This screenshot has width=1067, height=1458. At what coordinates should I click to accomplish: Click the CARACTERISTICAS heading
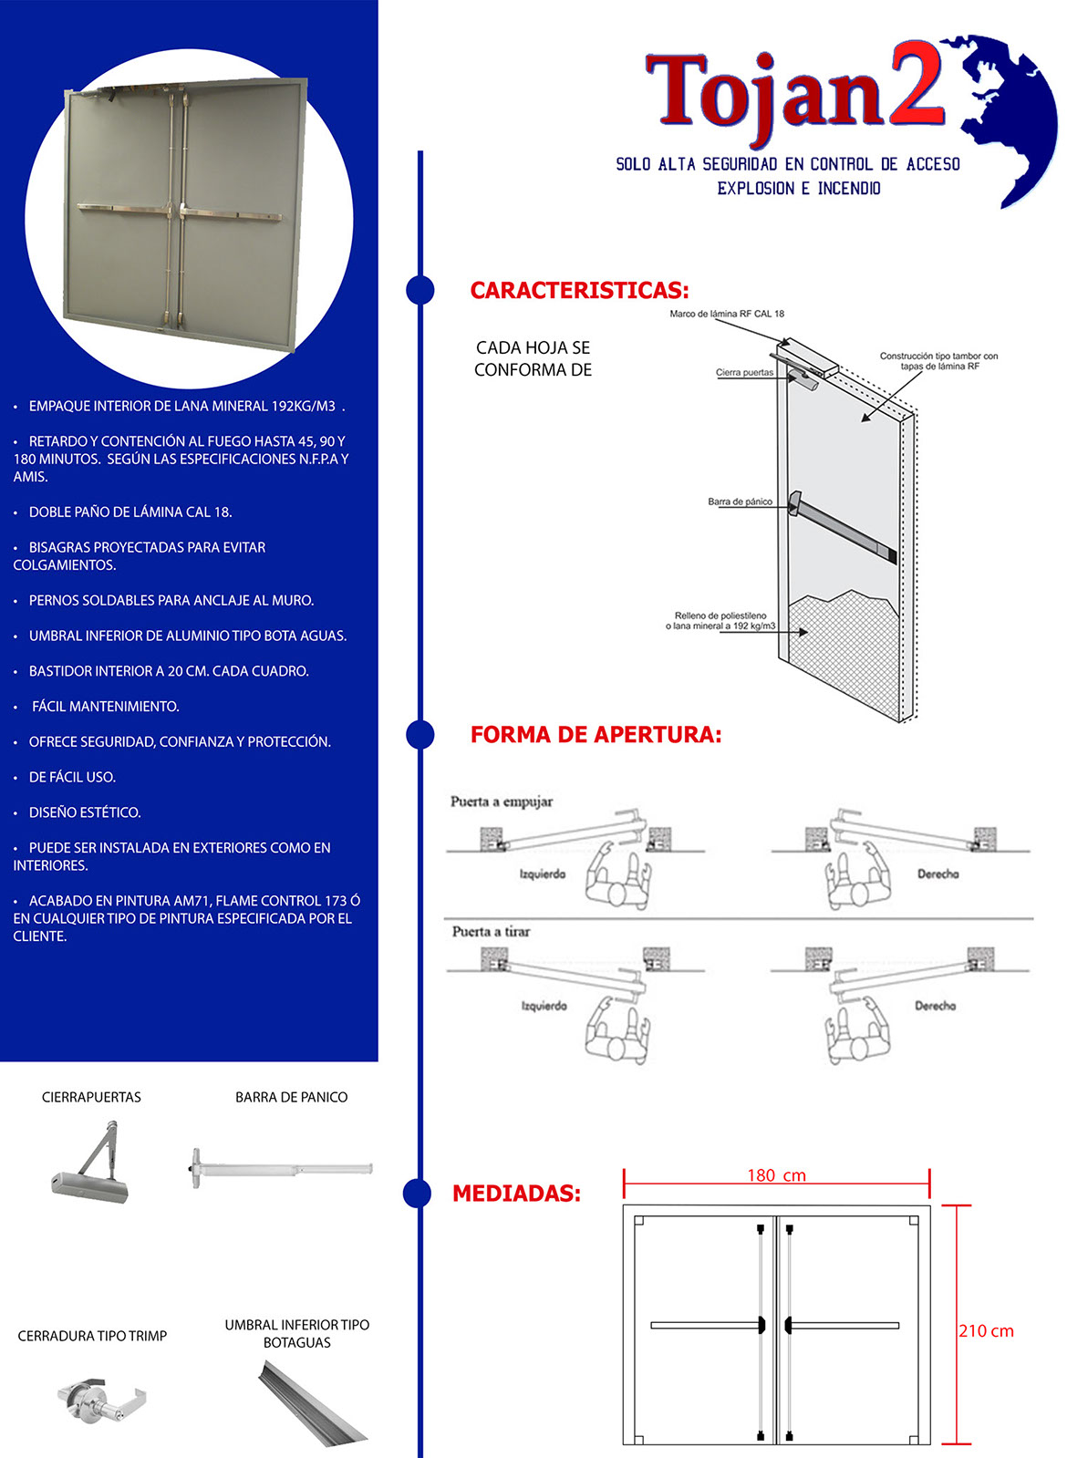pos(579,291)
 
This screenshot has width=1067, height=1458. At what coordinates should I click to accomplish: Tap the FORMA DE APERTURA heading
pos(596,735)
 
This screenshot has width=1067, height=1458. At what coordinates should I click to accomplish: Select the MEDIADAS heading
pos(516,1194)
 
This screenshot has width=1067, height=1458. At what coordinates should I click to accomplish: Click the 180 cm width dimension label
pos(776,1175)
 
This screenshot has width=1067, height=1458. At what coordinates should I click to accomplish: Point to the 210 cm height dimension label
pos(986,1331)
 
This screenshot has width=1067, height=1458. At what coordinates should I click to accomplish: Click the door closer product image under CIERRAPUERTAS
pos(91,1163)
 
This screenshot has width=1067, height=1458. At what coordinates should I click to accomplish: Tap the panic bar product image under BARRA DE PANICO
pos(282,1169)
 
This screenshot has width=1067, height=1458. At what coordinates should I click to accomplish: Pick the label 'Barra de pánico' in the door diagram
pos(740,502)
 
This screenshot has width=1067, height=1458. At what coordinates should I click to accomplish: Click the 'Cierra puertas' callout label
pos(744,373)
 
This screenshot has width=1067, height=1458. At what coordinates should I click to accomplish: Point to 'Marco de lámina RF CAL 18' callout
pos(727,314)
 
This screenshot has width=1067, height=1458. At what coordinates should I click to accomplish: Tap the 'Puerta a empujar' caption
pos(502,801)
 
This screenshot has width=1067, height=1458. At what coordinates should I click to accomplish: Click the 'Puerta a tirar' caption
pos(491,932)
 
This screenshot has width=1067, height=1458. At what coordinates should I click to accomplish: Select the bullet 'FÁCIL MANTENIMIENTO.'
pos(105,707)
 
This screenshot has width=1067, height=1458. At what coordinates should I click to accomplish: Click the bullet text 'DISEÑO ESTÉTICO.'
pos(85,812)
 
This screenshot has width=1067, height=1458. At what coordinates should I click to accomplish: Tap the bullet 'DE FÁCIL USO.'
pos(72,777)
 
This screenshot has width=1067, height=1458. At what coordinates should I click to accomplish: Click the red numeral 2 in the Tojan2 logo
pos(917,85)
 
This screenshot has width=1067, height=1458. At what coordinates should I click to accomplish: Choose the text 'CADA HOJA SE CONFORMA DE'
pos(533,358)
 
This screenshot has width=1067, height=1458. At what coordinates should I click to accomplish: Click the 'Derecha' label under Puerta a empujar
pos(938,874)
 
